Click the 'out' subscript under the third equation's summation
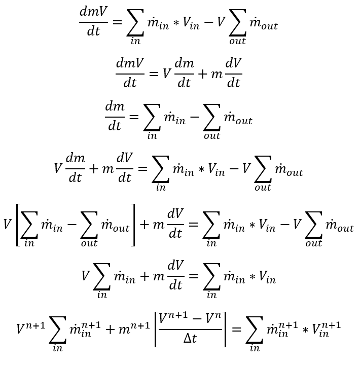pyautogui.click(x=211, y=135)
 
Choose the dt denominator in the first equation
pyautogui.click(x=93, y=32)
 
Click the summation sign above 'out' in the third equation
pyautogui.click(x=211, y=119)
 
